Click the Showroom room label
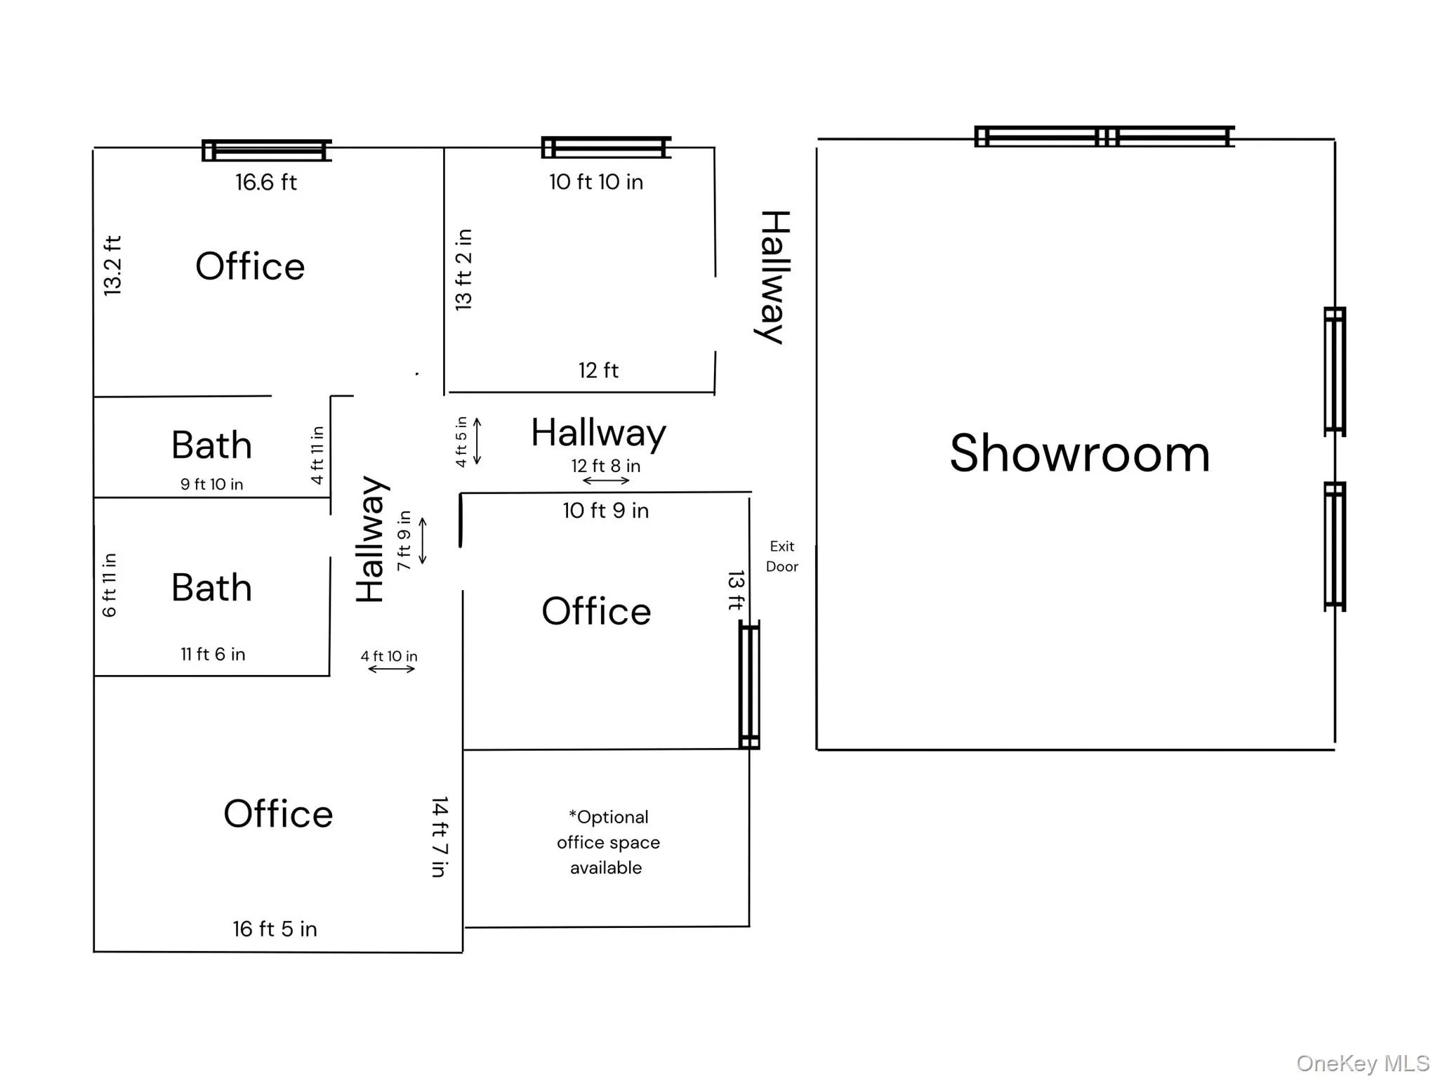(1079, 454)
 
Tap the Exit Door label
(781, 556)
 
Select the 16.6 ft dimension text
(265, 183)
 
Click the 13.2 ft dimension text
(113, 266)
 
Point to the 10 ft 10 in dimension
(595, 182)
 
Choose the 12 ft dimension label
(598, 370)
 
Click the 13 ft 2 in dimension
(463, 270)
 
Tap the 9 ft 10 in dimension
(211, 484)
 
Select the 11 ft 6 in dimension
(213, 654)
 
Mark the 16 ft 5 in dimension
(275, 929)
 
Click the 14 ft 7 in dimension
(440, 837)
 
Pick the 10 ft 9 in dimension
(605, 511)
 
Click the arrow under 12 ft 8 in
(606, 481)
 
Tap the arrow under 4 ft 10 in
(392, 669)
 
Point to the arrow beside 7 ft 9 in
(423, 541)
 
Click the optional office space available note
(608, 842)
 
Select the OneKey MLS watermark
(1362, 1064)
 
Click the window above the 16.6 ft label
(266, 150)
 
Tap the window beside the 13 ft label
(749, 685)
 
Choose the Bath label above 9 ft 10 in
(211, 445)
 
